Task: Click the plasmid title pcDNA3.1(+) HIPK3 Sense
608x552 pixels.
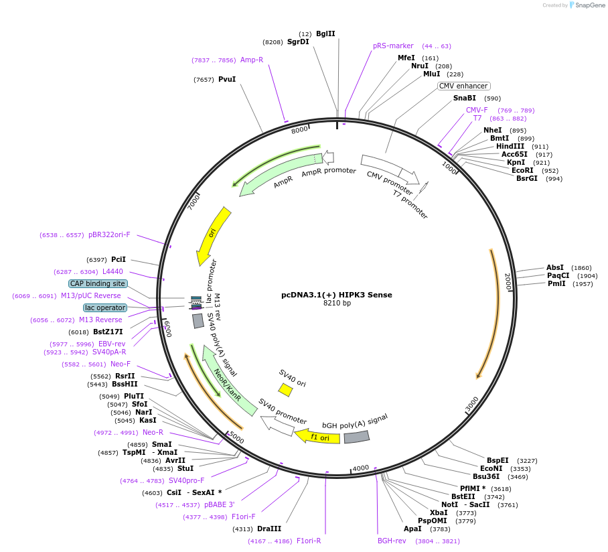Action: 336,295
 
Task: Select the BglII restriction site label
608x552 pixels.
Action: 325,33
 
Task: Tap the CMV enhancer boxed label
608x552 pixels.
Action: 463,86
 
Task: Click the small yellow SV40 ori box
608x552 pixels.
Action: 285,389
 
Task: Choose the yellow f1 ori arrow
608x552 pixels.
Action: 317,437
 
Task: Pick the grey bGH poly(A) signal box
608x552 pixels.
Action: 356,437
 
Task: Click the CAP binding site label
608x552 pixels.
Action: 98,283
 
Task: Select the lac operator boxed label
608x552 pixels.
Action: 105,307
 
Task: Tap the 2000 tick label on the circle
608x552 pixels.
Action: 508,282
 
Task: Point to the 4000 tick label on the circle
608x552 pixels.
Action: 361,468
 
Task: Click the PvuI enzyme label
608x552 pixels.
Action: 227,79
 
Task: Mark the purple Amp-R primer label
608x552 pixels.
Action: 252,60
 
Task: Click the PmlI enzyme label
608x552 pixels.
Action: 556,283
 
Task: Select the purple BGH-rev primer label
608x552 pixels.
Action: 392,541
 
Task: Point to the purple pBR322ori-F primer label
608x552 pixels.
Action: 109,235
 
